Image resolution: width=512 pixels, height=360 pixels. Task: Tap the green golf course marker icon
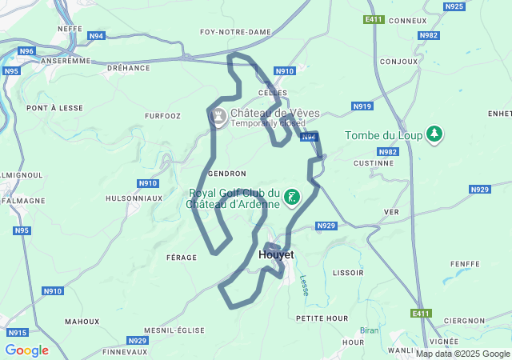tap(293, 198)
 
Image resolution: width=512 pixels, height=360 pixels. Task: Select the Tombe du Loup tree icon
tap(434, 134)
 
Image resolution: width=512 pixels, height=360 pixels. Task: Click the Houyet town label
tap(277, 254)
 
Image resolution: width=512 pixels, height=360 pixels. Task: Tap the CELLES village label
tap(273, 93)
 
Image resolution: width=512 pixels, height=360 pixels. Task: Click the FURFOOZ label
tap(162, 116)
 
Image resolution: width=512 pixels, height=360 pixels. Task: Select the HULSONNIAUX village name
tap(134, 198)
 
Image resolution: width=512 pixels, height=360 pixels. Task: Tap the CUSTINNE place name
tap(373, 163)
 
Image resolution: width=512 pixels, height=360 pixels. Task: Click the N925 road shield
tap(454, 6)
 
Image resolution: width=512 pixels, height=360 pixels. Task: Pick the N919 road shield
tap(362, 106)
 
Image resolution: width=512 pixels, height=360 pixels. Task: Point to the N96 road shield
tap(26, 51)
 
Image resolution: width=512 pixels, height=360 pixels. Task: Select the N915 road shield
tap(18, 332)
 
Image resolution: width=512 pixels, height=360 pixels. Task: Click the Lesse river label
tap(304, 285)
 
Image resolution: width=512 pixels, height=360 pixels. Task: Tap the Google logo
tap(26, 350)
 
